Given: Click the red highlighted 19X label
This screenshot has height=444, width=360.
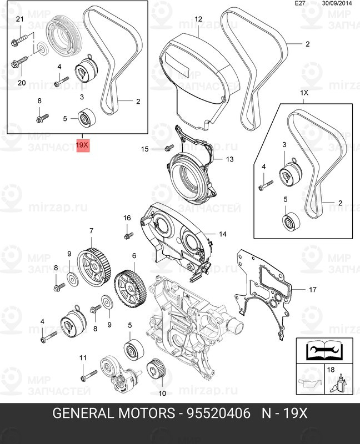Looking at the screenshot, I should coord(82,146).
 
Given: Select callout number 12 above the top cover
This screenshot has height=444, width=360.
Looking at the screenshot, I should coord(198,19).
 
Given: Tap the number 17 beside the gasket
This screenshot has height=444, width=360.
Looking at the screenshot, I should coord(312,289).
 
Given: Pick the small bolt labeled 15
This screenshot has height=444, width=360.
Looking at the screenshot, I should coord(168,148).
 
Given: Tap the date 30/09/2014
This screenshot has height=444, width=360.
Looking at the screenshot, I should coord(336,3).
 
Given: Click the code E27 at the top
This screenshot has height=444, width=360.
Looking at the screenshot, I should coord(299,3).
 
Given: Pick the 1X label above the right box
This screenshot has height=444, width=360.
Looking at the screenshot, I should coord(304,93).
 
